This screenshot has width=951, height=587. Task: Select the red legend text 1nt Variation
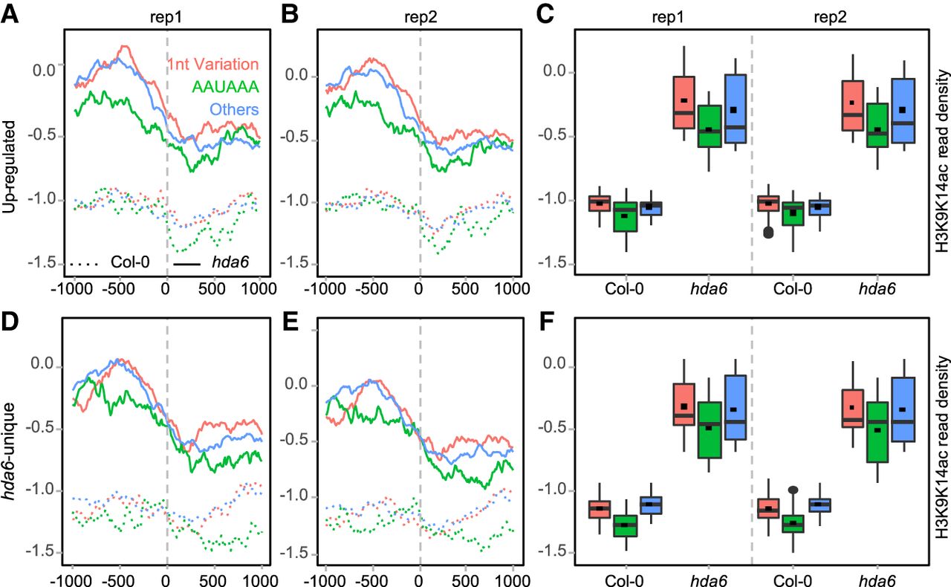[212, 64]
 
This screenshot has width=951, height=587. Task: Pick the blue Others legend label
[233, 109]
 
